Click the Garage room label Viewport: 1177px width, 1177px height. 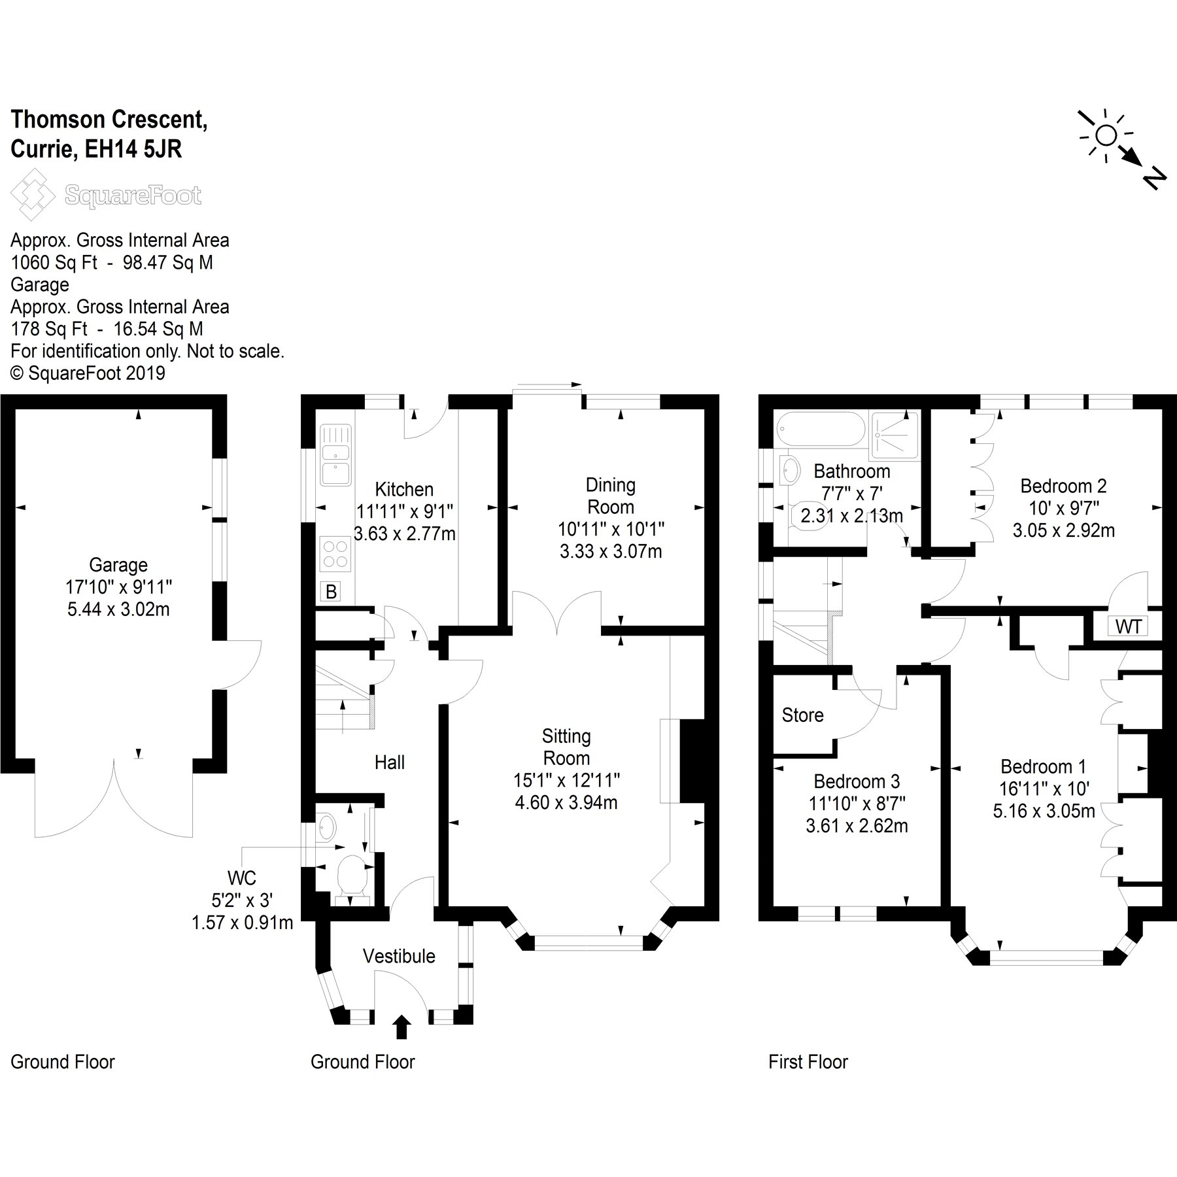118,565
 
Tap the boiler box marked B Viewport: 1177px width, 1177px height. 332,592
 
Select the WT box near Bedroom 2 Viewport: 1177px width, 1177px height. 1128,627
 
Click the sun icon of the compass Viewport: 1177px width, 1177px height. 1106,135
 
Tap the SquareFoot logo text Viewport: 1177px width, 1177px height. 133,195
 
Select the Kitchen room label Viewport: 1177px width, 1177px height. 404,489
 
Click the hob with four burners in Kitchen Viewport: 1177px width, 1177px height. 336,553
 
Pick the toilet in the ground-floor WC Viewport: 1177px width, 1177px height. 354,874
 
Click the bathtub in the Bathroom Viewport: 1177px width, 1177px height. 820,430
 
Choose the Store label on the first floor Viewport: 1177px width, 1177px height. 802,715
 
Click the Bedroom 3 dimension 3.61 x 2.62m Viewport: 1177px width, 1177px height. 857,826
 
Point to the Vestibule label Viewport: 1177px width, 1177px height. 399,956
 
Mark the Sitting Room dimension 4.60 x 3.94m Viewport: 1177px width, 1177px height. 566,802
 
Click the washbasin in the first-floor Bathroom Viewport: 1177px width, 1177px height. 790,469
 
